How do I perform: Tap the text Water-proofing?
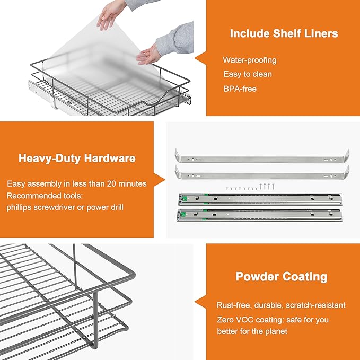tap(249, 60)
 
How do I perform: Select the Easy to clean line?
tap(247, 74)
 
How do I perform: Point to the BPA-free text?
tap(240, 89)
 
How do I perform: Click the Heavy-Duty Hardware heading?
tap(77, 158)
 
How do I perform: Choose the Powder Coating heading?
tap(282, 277)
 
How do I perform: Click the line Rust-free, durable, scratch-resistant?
tap(281, 305)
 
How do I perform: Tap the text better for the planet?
tap(252, 331)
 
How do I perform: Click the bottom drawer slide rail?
tap(262, 215)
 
